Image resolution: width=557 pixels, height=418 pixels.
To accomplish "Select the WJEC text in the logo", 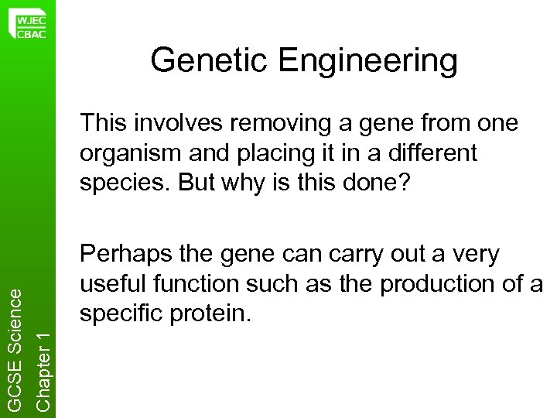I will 31,15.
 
